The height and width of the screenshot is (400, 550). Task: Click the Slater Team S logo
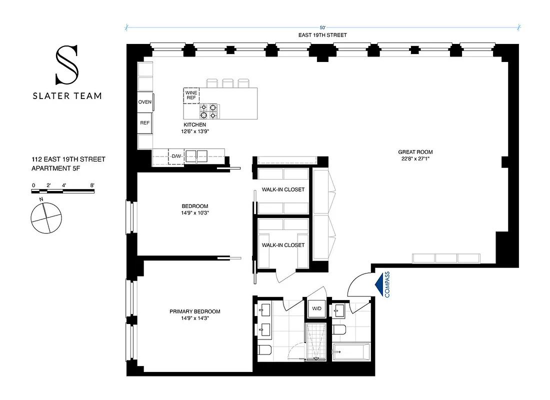coord(66,64)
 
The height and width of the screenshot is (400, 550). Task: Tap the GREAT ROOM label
coord(415,152)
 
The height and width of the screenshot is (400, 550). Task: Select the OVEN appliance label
coord(145,102)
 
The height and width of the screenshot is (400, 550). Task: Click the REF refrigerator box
coord(145,122)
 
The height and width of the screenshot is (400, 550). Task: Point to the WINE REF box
coord(191,95)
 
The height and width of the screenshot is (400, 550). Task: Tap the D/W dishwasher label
coord(176,156)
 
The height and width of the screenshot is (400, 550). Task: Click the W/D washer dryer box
coord(316,308)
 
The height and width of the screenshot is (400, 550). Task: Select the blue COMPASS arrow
coord(383,283)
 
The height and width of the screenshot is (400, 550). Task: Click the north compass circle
coord(46,219)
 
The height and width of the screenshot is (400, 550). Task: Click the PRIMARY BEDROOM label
coord(194,311)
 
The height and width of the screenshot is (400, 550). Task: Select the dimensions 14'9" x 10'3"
coord(194,212)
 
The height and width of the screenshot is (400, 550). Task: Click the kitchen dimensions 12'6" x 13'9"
coord(194,131)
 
